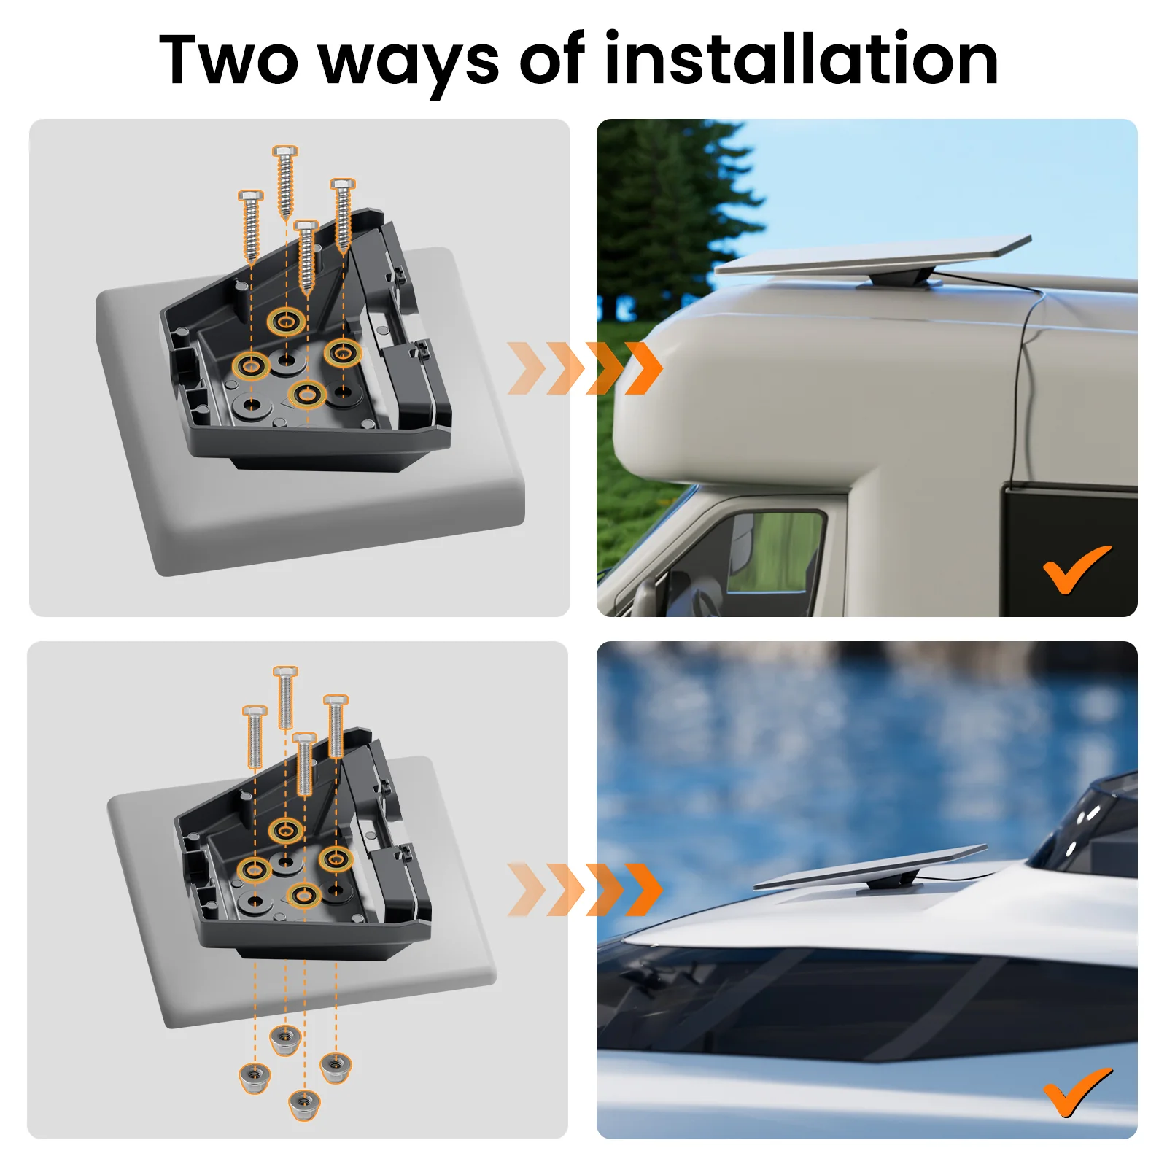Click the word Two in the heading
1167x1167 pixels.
click(229, 59)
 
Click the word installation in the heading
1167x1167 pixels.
click(801, 58)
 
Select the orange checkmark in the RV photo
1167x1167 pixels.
click(1077, 569)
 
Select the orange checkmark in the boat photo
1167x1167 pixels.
click(1077, 1092)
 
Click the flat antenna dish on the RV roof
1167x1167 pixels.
click(872, 255)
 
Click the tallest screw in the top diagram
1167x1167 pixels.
click(284, 182)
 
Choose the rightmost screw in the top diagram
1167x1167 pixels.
click(343, 216)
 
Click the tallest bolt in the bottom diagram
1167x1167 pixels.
click(285, 697)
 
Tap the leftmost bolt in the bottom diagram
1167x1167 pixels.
click(255, 737)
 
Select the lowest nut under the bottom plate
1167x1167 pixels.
click(304, 1104)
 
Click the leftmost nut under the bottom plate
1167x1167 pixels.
click(255, 1077)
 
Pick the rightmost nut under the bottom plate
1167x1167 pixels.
click(336, 1069)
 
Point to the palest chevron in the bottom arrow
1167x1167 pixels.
click(527, 889)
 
